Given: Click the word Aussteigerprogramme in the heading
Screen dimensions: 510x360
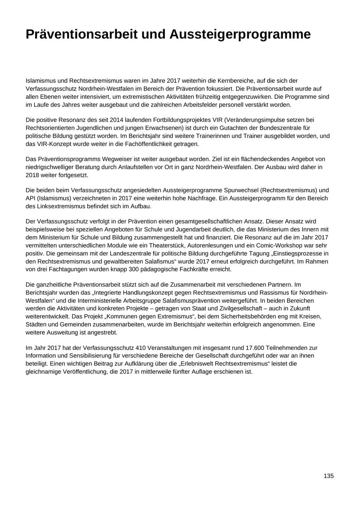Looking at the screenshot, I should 240,34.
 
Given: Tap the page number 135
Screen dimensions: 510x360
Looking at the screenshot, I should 328,476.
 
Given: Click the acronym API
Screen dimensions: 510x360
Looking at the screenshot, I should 31,198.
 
